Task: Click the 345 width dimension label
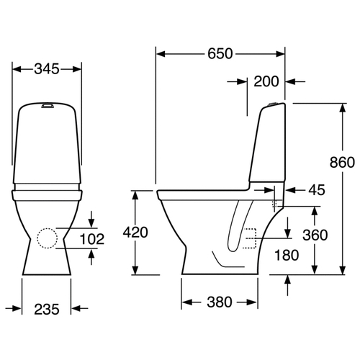(x=47, y=69)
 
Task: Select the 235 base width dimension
(x=47, y=309)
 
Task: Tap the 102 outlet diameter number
(x=92, y=239)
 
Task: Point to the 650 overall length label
(x=220, y=53)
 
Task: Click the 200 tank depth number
(x=266, y=81)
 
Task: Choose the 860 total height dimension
(x=342, y=162)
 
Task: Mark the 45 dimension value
(x=317, y=190)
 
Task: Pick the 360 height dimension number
(x=315, y=235)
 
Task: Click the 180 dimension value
(x=287, y=255)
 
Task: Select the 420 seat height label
(x=135, y=233)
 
